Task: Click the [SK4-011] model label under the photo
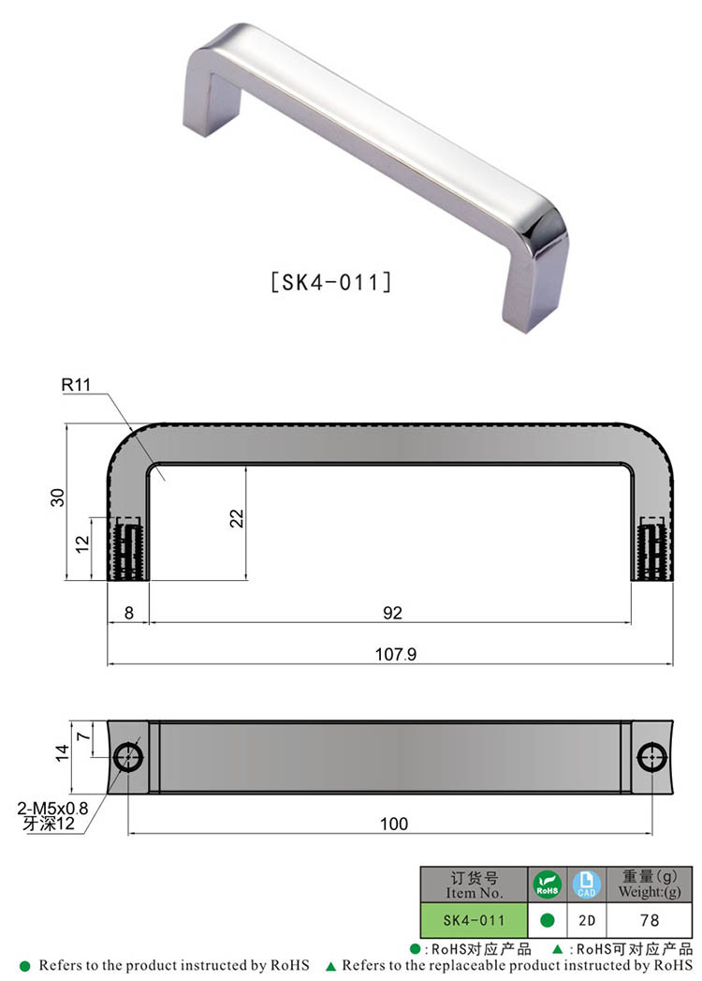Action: click(329, 281)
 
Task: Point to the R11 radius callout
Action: click(77, 384)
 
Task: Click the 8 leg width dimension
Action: click(127, 613)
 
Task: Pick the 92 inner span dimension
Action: click(392, 613)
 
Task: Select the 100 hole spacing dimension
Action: click(394, 824)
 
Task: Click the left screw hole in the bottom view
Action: click(128, 758)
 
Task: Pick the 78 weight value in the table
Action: click(650, 920)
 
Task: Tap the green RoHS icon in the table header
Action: click(547, 884)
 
